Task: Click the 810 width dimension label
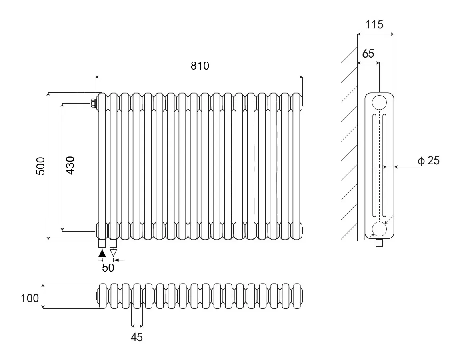point(200,66)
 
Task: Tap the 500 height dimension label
point(41,166)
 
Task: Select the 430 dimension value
point(70,166)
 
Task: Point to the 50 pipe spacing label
point(108,268)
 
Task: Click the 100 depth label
point(30,298)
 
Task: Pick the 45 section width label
point(137,337)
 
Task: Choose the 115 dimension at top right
point(374,25)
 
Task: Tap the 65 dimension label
point(368,53)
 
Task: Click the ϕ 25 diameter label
point(429,161)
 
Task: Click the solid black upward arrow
point(102,253)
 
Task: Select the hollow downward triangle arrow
point(113,253)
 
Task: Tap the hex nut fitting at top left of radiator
point(94,104)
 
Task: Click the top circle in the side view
point(379,102)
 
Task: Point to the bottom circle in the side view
point(379,229)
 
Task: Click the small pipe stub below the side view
point(379,243)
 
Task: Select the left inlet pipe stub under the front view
point(102,244)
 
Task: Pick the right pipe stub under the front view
point(113,244)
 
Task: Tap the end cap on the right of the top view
point(303,296)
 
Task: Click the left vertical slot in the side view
point(374,166)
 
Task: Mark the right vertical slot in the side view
point(385,166)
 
